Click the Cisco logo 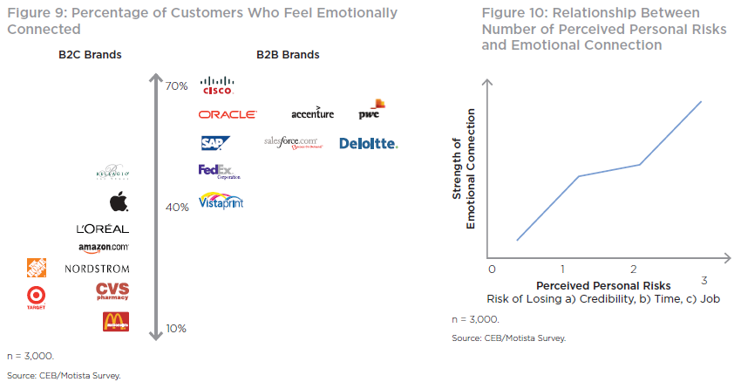click(x=216, y=85)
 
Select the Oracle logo click(x=228, y=114)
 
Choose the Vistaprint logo click(x=221, y=201)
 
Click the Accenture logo click(x=313, y=114)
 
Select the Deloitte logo click(x=368, y=143)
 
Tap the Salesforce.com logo click(x=292, y=142)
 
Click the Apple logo click(x=119, y=202)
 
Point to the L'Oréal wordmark click(x=103, y=229)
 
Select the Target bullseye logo click(x=37, y=297)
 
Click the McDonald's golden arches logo click(x=116, y=322)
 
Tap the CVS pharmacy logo click(x=112, y=291)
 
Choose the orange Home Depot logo click(x=37, y=268)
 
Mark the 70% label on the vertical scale click(x=176, y=86)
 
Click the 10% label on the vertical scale click(x=175, y=329)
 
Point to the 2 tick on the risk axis click(x=634, y=269)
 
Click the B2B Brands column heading click(x=288, y=55)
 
